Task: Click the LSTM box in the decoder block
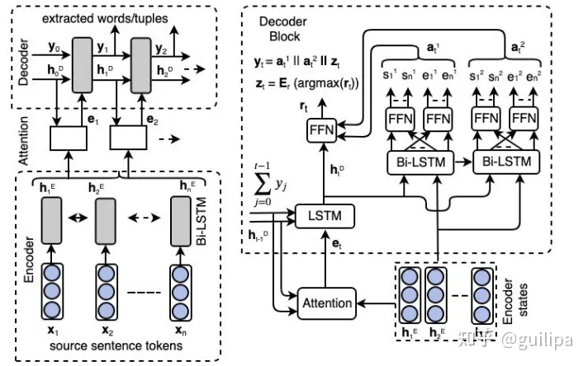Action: point(325,217)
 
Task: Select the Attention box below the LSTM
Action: point(328,303)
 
